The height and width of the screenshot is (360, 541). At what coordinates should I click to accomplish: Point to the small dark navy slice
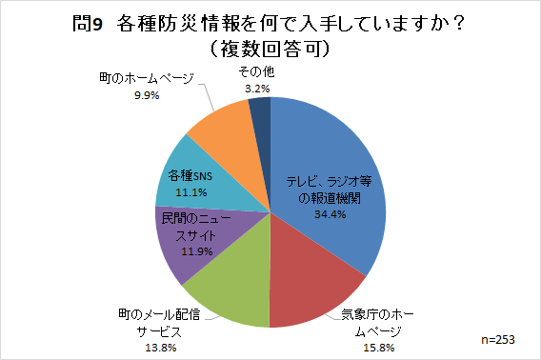(260, 114)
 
